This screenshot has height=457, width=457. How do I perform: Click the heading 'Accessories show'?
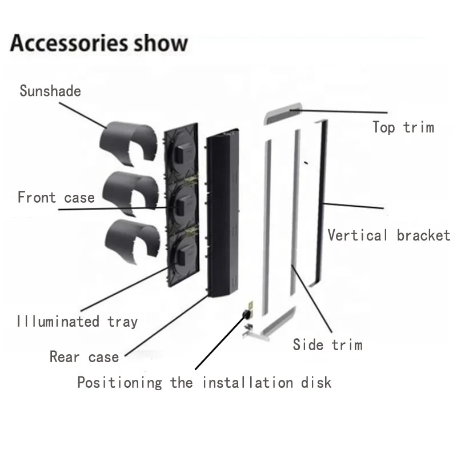tap(98, 43)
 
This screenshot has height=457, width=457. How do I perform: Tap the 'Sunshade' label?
tap(50, 91)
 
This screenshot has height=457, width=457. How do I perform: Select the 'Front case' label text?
tap(56, 198)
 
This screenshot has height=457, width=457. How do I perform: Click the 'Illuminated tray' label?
tap(77, 321)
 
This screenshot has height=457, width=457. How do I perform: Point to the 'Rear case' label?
tap(84, 357)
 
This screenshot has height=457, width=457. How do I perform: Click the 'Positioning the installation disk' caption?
tap(204, 382)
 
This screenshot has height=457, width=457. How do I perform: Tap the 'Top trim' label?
tap(403, 127)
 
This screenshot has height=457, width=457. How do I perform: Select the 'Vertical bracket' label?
tap(388, 235)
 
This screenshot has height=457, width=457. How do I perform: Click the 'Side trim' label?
tap(327, 344)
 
